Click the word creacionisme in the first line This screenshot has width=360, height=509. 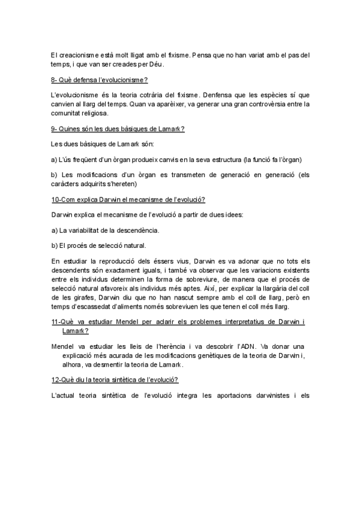coord(76,56)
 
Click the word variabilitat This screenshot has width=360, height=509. coord(88,230)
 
